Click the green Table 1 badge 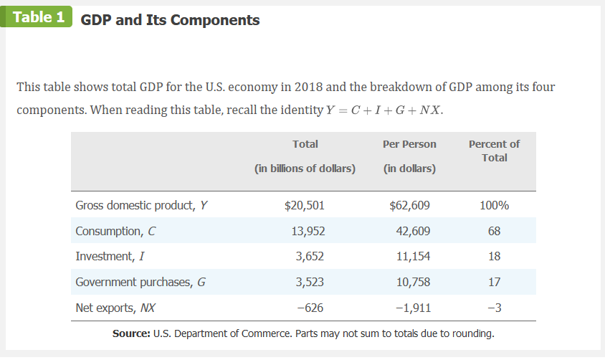(x=38, y=17)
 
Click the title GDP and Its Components (x=170, y=20)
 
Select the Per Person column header (x=409, y=144)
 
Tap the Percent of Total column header (x=494, y=151)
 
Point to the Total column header (x=305, y=144)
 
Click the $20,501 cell (x=305, y=206)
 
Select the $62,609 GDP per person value (x=409, y=206)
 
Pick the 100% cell (x=494, y=206)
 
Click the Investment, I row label (x=109, y=257)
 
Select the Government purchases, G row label (x=140, y=282)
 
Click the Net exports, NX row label (x=115, y=308)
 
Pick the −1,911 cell (x=411, y=308)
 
